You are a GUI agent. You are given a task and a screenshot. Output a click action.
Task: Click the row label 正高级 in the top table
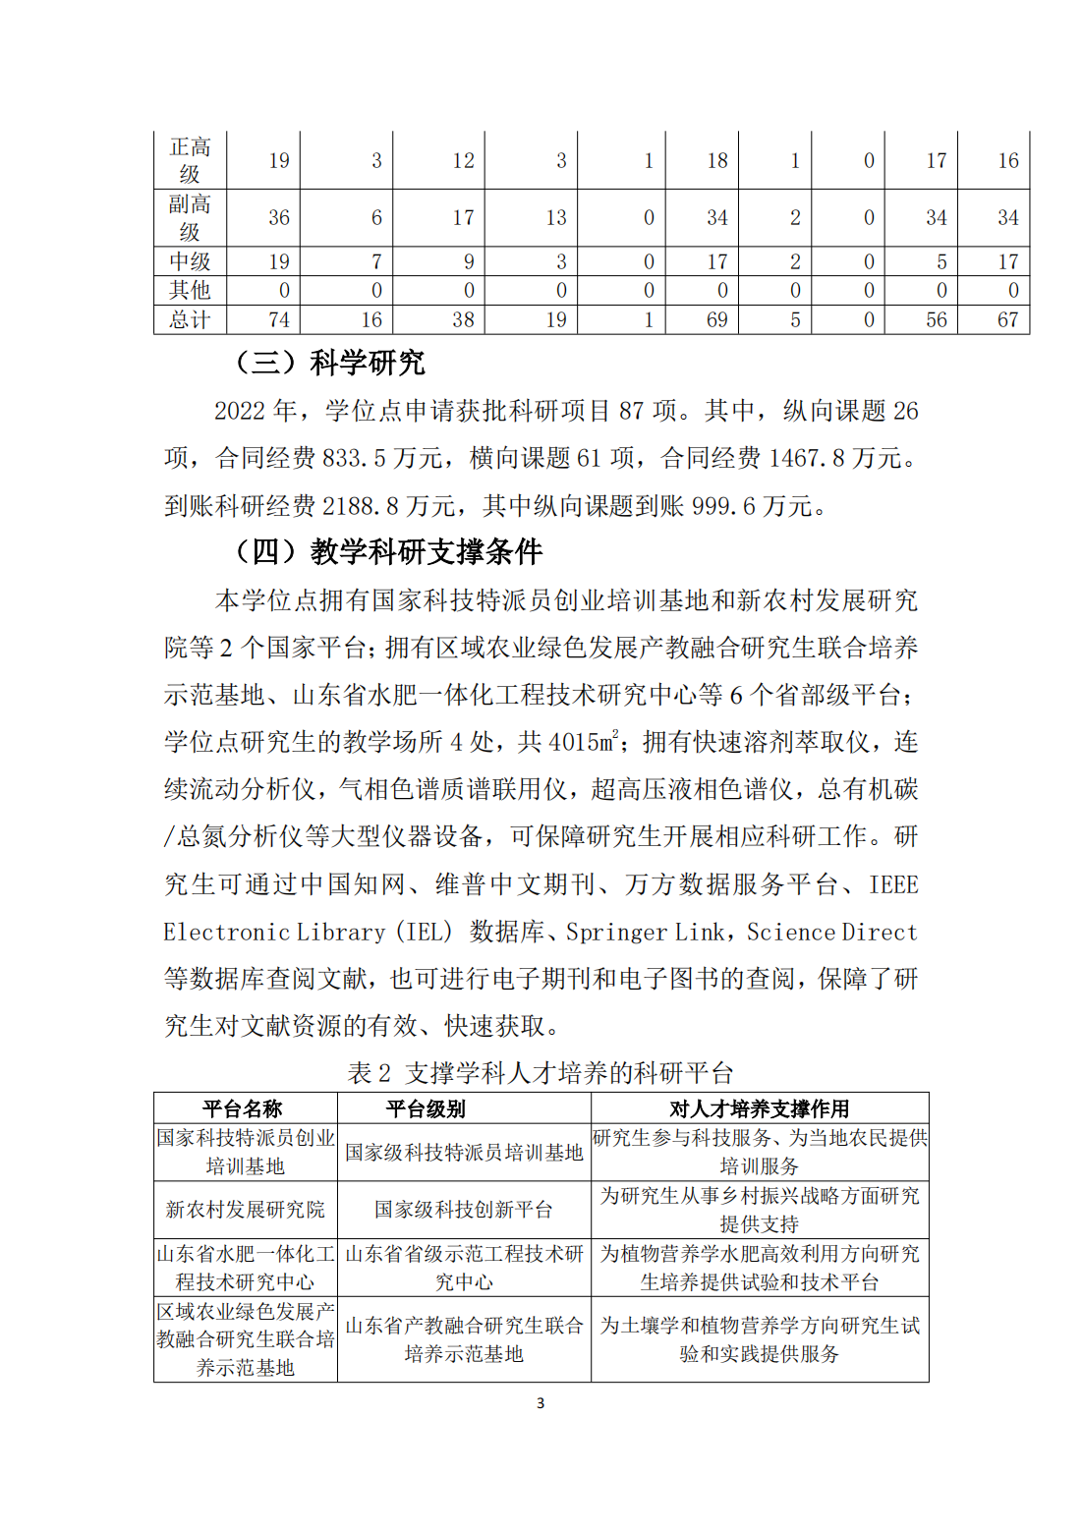[x=190, y=160]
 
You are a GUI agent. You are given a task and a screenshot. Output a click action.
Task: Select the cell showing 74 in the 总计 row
[x=279, y=320]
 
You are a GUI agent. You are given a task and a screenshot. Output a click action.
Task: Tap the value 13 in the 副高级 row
[x=556, y=218]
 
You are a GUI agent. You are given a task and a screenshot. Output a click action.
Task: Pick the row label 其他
[x=190, y=291]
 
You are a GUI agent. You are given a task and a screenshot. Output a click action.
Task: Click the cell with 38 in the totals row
[x=463, y=320]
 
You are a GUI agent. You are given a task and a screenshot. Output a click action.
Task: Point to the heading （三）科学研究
[x=328, y=363]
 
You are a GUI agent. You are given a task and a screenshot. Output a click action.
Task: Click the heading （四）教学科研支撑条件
[x=387, y=551]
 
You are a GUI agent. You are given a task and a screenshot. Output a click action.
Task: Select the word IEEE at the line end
[x=893, y=884]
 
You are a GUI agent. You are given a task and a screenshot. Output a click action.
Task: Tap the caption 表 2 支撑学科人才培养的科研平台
[x=541, y=1073]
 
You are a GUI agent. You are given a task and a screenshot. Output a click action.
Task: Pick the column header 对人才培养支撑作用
[x=759, y=1109]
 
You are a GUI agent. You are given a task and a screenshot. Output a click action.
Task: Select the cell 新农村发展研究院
[x=245, y=1210]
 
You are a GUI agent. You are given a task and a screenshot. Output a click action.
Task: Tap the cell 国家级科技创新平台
[x=463, y=1210]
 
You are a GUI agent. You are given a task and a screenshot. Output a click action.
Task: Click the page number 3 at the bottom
[x=541, y=1403]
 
